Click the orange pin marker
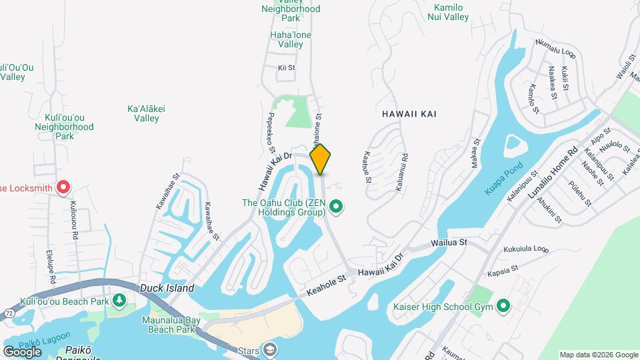coord(320,159)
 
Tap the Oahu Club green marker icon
coord(336,207)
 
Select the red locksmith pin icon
coord(63,187)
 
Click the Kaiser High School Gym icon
coord(503,307)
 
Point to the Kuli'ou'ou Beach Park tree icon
coord(119,301)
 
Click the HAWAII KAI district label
coord(409,114)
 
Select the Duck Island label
coord(167,289)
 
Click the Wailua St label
coord(450,244)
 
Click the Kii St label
coord(286,68)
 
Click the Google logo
coord(22,351)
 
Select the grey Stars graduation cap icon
coord(270,349)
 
